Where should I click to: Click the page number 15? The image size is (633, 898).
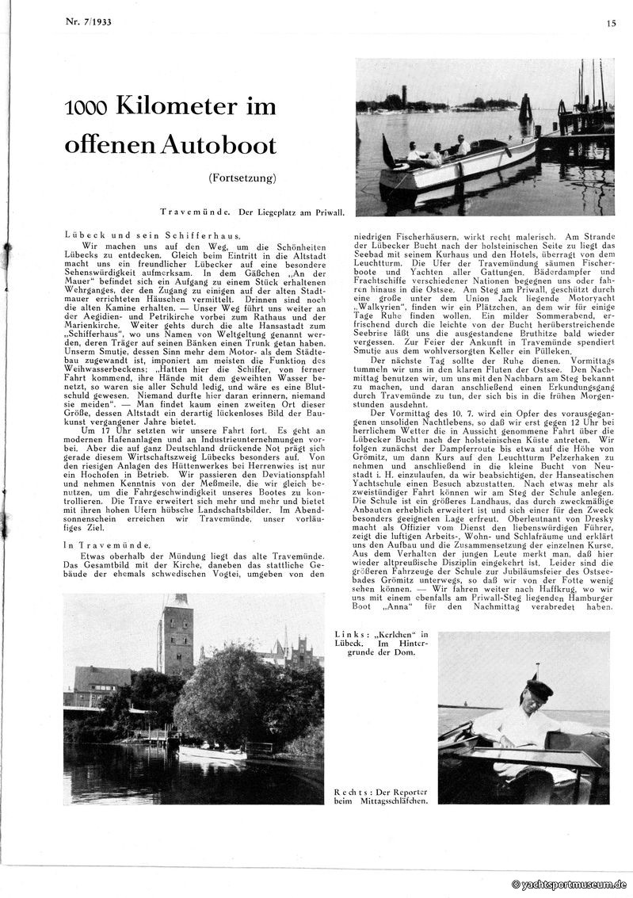tap(611, 24)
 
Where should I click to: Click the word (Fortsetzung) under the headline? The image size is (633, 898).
tap(243, 178)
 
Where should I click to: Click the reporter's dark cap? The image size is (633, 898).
tap(540, 688)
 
